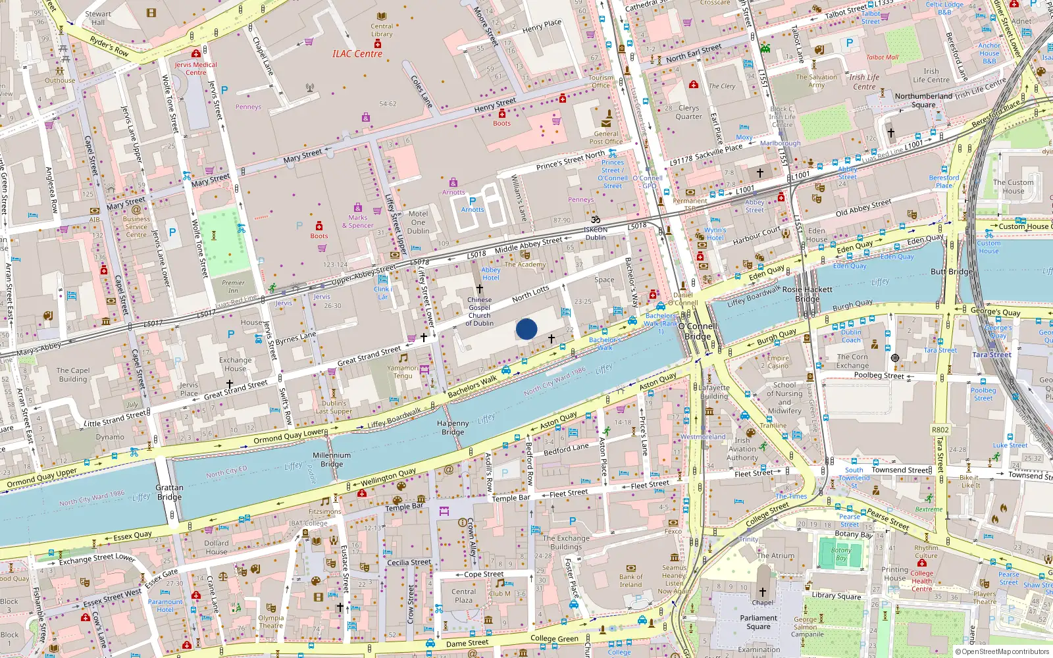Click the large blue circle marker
[x=526, y=329]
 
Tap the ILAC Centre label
[x=357, y=54]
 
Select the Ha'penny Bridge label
[x=453, y=428]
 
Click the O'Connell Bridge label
[x=698, y=331]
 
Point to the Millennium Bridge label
[x=332, y=459]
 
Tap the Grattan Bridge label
[x=169, y=492]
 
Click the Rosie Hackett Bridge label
[x=808, y=293]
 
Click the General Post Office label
[x=606, y=138]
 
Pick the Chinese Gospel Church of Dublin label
[x=479, y=311]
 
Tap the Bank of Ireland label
[x=630, y=581]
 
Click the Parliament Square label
[x=758, y=622]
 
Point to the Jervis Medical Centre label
[x=195, y=68]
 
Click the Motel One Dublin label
[x=418, y=222]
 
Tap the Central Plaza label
[x=463, y=595]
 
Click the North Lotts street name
[x=530, y=294]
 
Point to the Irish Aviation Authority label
[x=742, y=449]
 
